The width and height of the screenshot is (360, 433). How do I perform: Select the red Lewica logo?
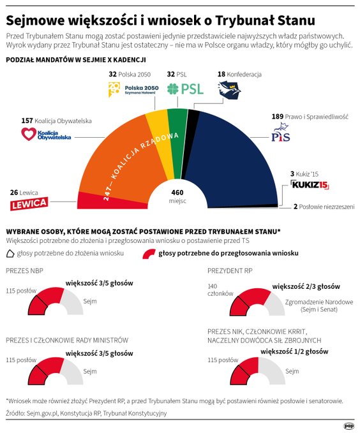click(29, 203)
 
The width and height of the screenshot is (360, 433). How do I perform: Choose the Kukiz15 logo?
click(309, 185)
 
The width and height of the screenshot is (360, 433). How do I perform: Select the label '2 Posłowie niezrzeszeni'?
click(323, 207)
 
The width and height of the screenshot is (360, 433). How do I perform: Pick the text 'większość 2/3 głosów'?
click(306, 286)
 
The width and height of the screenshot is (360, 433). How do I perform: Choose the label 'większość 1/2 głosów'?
click(294, 351)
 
